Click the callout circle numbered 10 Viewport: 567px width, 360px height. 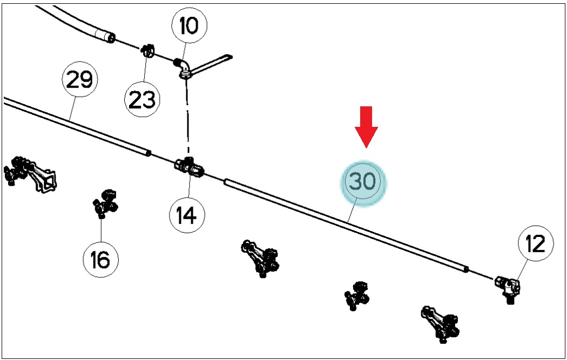[x=189, y=25]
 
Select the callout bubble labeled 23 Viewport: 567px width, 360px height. [x=142, y=99]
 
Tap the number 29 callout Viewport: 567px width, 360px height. [x=80, y=79]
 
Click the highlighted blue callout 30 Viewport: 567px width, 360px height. [x=363, y=182]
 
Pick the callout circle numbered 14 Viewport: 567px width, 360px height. [x=187, y=215]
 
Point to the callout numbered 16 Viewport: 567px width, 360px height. [x=101, y=259]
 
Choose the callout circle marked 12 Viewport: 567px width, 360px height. [x=536, y=243]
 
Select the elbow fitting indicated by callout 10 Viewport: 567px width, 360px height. [x=185, y=69]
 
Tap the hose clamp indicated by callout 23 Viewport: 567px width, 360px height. [x=147, y=51]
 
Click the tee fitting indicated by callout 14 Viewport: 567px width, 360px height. [x=188, y=167]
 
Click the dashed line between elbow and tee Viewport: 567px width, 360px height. [x=187, y=118]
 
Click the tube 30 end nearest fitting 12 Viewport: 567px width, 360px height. [x=467, y=269]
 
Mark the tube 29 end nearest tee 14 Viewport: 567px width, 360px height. [x=148, y=153]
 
